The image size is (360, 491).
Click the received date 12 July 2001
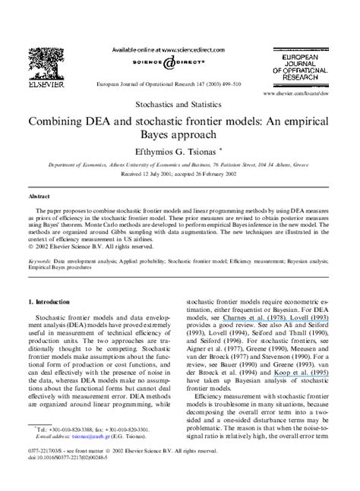(x=151, y=172)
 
